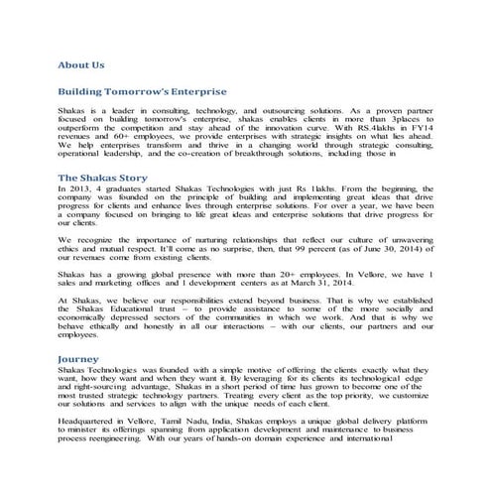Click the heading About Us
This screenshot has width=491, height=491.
pos(80,64)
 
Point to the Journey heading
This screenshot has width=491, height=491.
pos(77,358)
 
